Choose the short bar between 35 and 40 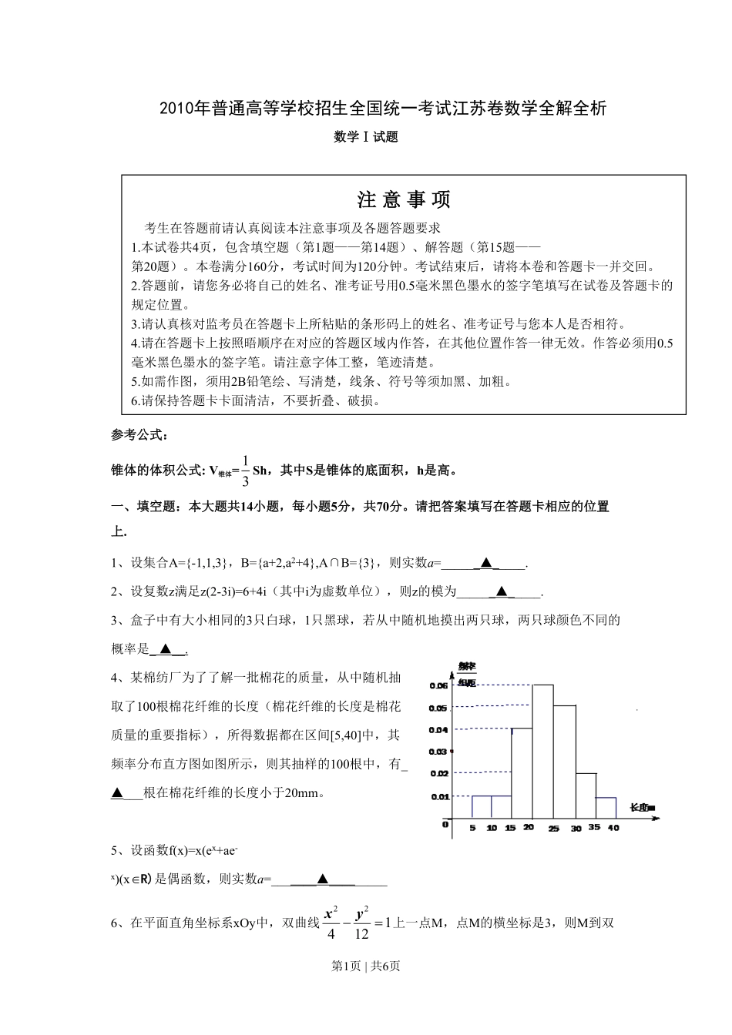tap(606, 808)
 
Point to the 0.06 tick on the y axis tap(438, 685)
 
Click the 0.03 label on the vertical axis tap(438, 752)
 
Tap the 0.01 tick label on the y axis tap(438, 796)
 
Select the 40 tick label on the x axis tap(614, 829)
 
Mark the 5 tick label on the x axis tap(472, 829)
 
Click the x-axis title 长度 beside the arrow tap(642, 807)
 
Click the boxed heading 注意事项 tap(404, 200)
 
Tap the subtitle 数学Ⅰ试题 tap(366, 137)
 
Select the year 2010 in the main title tap(176, 109)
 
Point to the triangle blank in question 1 tap(485, 563)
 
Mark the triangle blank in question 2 tap(502, 591)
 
